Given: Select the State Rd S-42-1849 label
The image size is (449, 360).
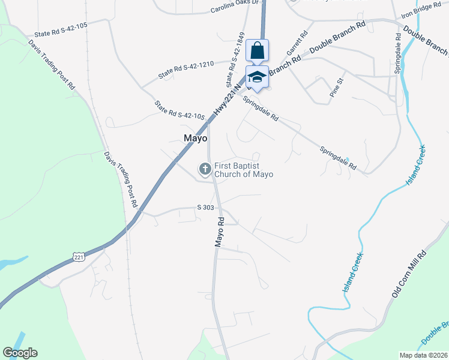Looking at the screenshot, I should click(x=236, y=59).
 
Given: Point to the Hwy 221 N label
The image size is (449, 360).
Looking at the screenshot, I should click(x=227, y=100).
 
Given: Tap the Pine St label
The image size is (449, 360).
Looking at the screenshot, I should click(x=337, y=88).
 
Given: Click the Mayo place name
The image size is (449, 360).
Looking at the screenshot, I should click(x=195, y=138).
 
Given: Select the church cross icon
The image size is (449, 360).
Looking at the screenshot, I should click(x=205, y=169).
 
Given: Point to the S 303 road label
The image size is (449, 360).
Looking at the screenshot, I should click(x=205, y=207).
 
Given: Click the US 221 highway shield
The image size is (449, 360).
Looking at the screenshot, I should click(x=79, y=256).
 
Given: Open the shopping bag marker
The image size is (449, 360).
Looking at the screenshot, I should click(x=257, y=52).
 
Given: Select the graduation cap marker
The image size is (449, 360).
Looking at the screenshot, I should click(x=257, y=77).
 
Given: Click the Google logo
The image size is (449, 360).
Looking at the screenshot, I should click(x=20, y=353).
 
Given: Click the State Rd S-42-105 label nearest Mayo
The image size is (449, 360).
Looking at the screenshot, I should click(x=179, y=110).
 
